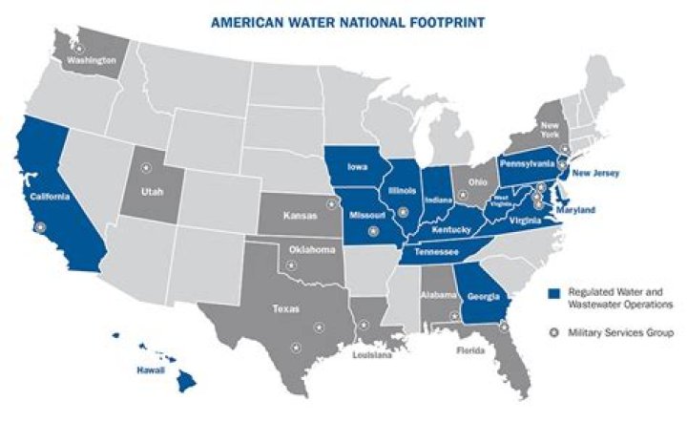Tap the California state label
46,197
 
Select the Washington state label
92,59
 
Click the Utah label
155,192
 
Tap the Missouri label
366,216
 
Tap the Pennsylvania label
527,163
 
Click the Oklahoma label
313,250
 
